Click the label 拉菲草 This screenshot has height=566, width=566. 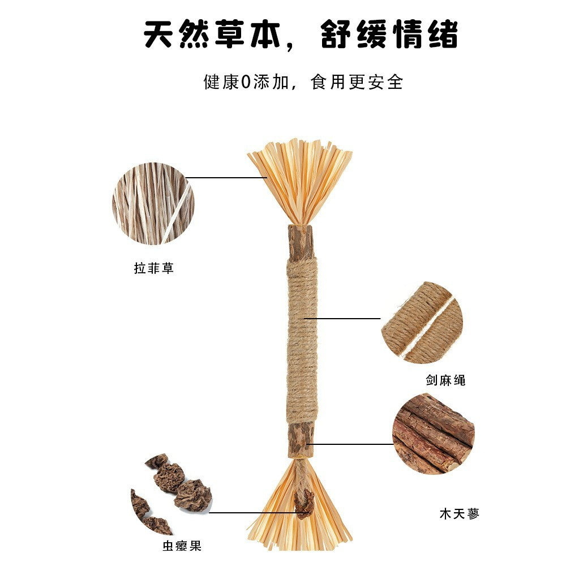[x=153, y=268]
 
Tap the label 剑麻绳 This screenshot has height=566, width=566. [x=445, y=380]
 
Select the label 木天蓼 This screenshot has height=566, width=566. [x=459, y=514]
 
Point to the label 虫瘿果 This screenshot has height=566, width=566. [x=181, y=546]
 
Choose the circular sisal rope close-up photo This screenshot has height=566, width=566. [x=422, y=323]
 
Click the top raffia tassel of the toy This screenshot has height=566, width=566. [x=300, y=178]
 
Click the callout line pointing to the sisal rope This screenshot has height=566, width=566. [x=342, y=318]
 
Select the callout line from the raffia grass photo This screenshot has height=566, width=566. [x=226, y=177]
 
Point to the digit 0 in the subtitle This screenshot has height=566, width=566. [x=246, y=83]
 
